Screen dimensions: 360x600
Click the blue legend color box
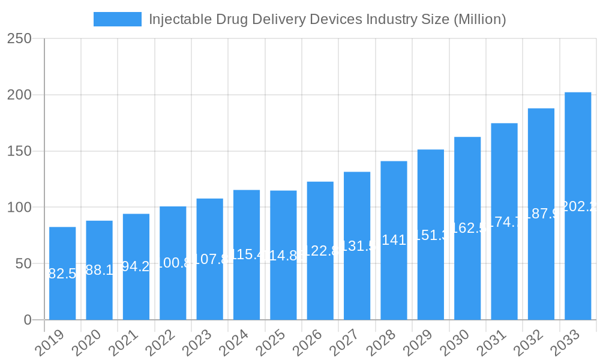pos(118,19)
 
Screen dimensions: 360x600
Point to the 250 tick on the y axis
pos(19,38)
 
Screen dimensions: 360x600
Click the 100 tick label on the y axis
pos(19,208)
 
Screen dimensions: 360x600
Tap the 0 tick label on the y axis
pos(28,320)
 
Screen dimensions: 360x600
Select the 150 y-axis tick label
pos(19,151)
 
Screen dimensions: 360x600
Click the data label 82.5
pos(62,274)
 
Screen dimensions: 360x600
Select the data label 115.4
pos(247,255)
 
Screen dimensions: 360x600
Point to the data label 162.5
pos(467,228)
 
